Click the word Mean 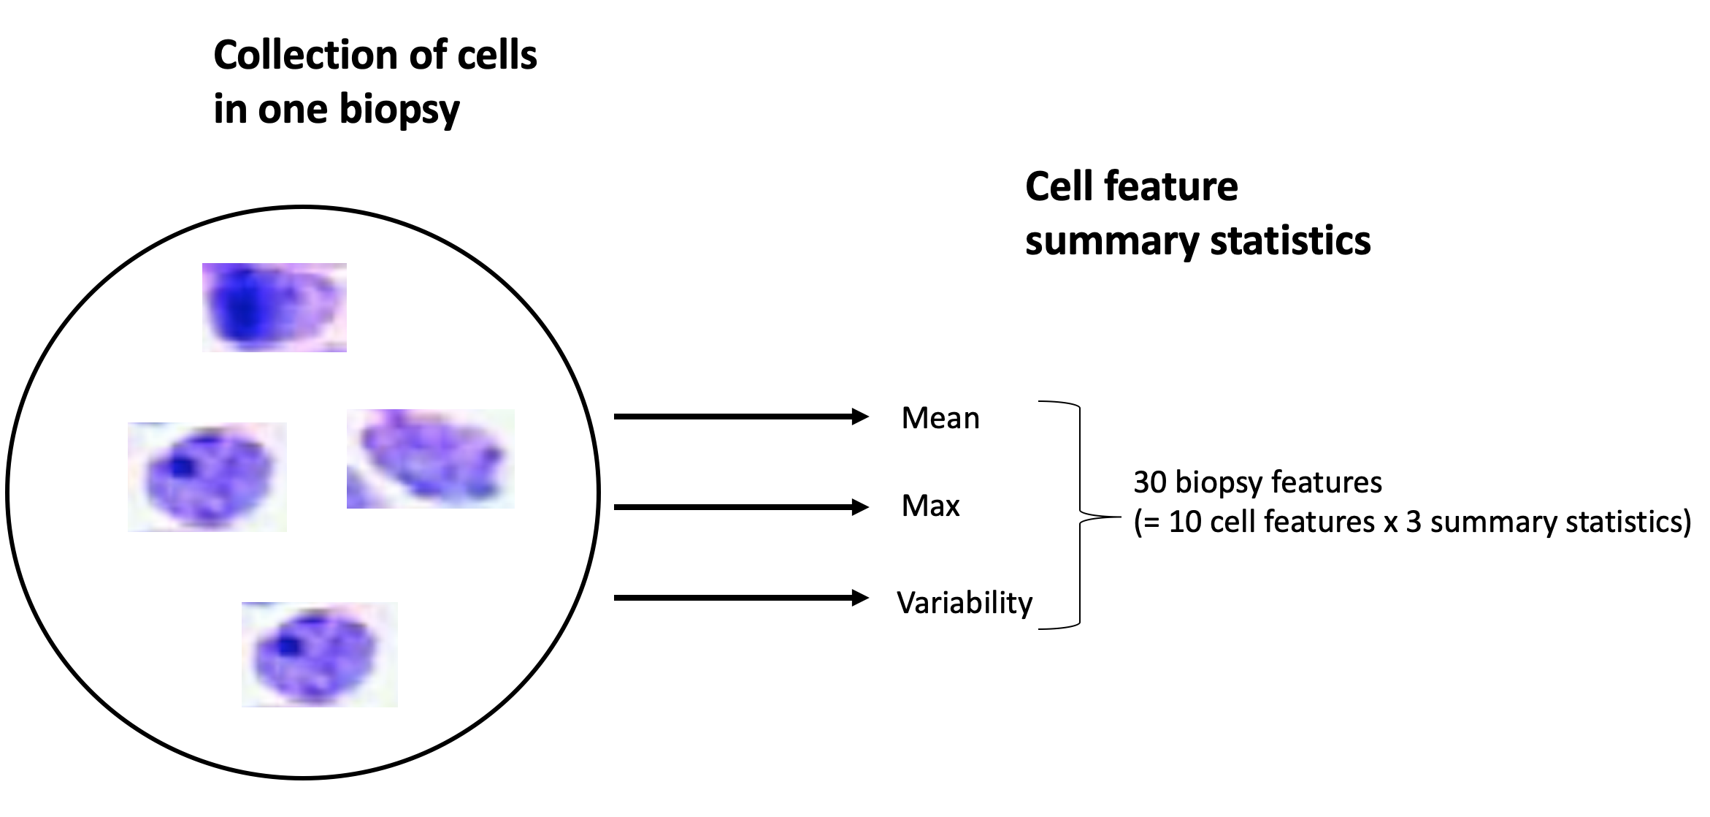coord(940,419)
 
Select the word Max coord(930,506)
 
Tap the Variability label coord(965,603)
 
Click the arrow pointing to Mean coord(740,417)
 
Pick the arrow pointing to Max coord(740,507)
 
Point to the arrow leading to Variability coord(740,598)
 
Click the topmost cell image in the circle coord(274,308)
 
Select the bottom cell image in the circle coord(320,654)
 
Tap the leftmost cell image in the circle coord(207,476)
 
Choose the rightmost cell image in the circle coord(430,458)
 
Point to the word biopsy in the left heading coord(399,110)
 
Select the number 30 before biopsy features coord(1150,482)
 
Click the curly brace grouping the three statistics coord(1081,515)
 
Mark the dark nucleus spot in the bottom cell coord(289,646)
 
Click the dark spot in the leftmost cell coord(179,466)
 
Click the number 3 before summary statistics coord(1414,522)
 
